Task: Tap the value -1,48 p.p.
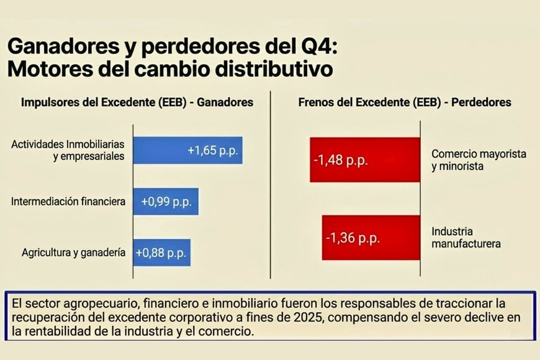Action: [x=341, y=160]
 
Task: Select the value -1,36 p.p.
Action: [x=351, y=237]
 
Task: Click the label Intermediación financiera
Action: [x=68, y=202]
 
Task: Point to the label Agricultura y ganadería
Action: [x=74, y=253]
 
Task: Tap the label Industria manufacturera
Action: [x=466, y=237]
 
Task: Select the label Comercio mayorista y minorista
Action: [x=479, y=160]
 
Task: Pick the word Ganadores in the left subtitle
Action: [x=225, y=102]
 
